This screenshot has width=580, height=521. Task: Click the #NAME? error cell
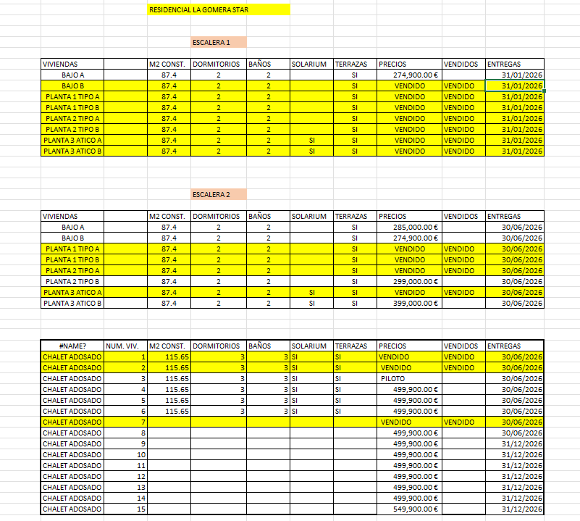click(72, 346)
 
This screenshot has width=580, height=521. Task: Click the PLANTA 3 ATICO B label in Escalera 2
click(72, 303)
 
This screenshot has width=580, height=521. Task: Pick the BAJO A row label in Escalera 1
click(72, 75)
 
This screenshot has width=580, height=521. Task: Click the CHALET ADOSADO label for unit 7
click(72, 422)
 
